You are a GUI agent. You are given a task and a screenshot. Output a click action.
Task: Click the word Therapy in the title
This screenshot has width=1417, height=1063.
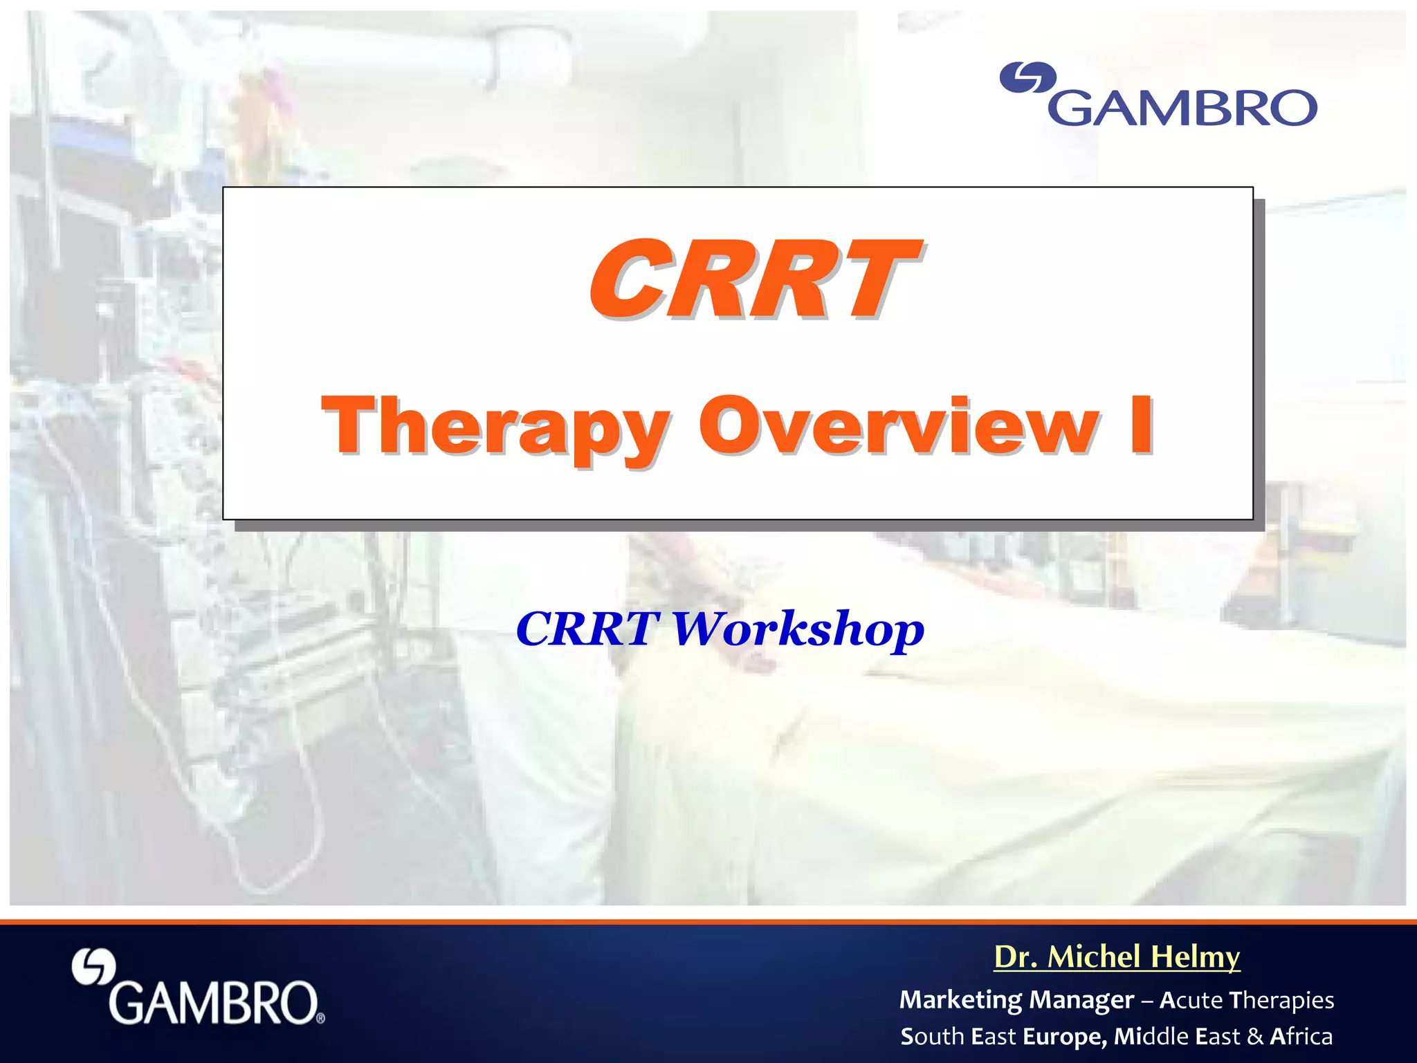tap(495, 427)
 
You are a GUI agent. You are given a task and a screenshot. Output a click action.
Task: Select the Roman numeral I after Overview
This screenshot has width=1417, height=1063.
tap(1141, 425)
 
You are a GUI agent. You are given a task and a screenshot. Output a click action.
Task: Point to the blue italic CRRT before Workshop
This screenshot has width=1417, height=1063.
tap(587, 629)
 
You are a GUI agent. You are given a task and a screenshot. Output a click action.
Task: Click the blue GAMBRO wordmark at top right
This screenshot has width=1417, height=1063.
tap(1183, 108)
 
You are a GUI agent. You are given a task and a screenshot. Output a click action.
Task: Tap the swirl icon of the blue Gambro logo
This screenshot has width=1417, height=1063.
tap(1028, 77)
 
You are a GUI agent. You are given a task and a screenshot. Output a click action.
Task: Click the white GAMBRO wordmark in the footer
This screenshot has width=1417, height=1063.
tap(212, 1003)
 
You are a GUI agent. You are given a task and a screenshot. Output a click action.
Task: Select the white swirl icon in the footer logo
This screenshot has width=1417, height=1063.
tap(94, 966)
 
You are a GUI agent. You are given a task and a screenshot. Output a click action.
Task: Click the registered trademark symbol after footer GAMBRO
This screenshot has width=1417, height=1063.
tap(320, 1018)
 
